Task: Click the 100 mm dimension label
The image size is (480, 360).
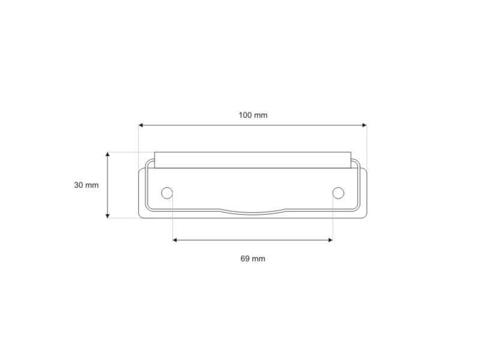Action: coord(253,115)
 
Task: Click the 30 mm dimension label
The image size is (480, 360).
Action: coord(86,185)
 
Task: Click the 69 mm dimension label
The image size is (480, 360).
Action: coord(253,259)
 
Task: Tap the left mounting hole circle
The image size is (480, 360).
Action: coord(167,193)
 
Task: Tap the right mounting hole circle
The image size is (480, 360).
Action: coord(338,193)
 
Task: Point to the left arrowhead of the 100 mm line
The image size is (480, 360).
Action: coord(141,125)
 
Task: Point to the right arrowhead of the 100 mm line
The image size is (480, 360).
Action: coord(364,125)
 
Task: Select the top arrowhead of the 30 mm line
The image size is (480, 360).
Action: coord(107,154)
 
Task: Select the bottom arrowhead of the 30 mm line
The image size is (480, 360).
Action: coord(107,216)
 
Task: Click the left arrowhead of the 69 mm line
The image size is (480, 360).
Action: coord(175,240)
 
